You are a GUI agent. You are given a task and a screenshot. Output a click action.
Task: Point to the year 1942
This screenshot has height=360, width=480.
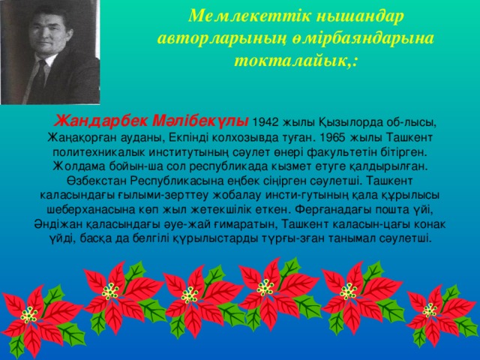tap(269, 123)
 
